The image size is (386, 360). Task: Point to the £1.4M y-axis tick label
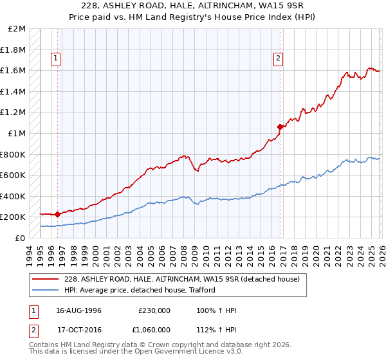click(14, 92)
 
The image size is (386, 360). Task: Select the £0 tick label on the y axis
click(21, 238)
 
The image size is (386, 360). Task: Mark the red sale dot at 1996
click(58, 214)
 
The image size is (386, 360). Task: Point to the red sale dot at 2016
click(280, 127)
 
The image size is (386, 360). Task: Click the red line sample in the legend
click(46, 279)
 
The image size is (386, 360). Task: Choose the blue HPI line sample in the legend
click(46, 290)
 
